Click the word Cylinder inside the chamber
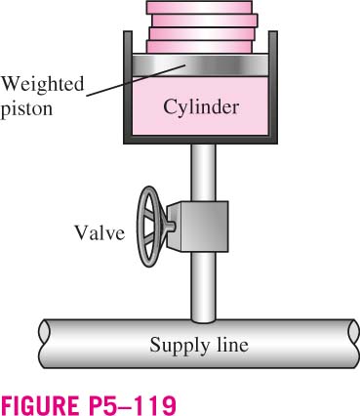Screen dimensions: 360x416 (x=201, y=107)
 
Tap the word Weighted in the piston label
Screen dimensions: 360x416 (x=43, y=84)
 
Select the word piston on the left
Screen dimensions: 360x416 (x=26, y=108)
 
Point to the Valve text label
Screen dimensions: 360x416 (x=100, y=232)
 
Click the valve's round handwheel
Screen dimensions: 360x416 (x=149, y=227)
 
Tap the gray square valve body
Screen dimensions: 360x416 (x=197, y=227)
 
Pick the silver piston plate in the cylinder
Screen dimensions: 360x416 (x=200, y=65)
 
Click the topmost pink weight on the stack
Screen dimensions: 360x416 (x=199, y=7)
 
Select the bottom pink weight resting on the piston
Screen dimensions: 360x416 (x=199, y=47)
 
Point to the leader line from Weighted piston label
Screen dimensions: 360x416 (x=136, y=80)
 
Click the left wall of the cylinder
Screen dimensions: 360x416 (x=128, y=85)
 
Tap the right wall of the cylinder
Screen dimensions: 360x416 (x=273, y=85)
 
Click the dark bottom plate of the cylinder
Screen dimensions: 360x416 (x=200, y=140)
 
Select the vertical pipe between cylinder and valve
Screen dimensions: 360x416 (x=203, y=173)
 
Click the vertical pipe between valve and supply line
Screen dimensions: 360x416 (x=203, y=287)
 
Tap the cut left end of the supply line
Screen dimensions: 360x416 (x=44, y=344)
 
